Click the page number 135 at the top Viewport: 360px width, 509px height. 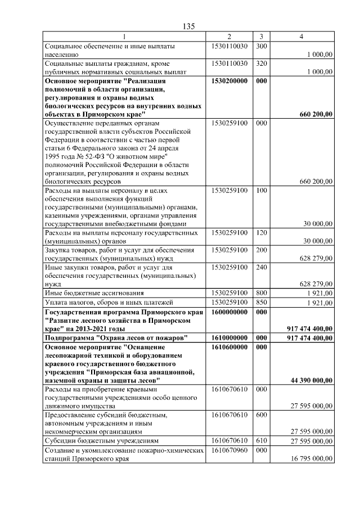click(x=188, y=26)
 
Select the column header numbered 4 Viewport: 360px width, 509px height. click(x=301, y=37)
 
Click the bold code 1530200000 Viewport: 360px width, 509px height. click(x=229, y=82)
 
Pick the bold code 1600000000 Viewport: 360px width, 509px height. click(x=229, y=312)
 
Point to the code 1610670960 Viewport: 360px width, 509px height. click(x=229, y=451)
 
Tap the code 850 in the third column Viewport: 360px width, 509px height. click(x=260, y=303)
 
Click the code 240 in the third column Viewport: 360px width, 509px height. click(x=260, y=267)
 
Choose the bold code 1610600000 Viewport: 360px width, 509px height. click(x=229, y=348)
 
